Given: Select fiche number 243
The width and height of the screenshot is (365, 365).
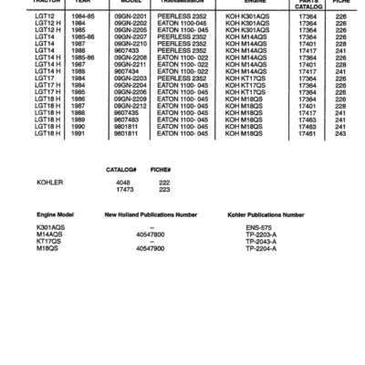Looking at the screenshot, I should (340, 133).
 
